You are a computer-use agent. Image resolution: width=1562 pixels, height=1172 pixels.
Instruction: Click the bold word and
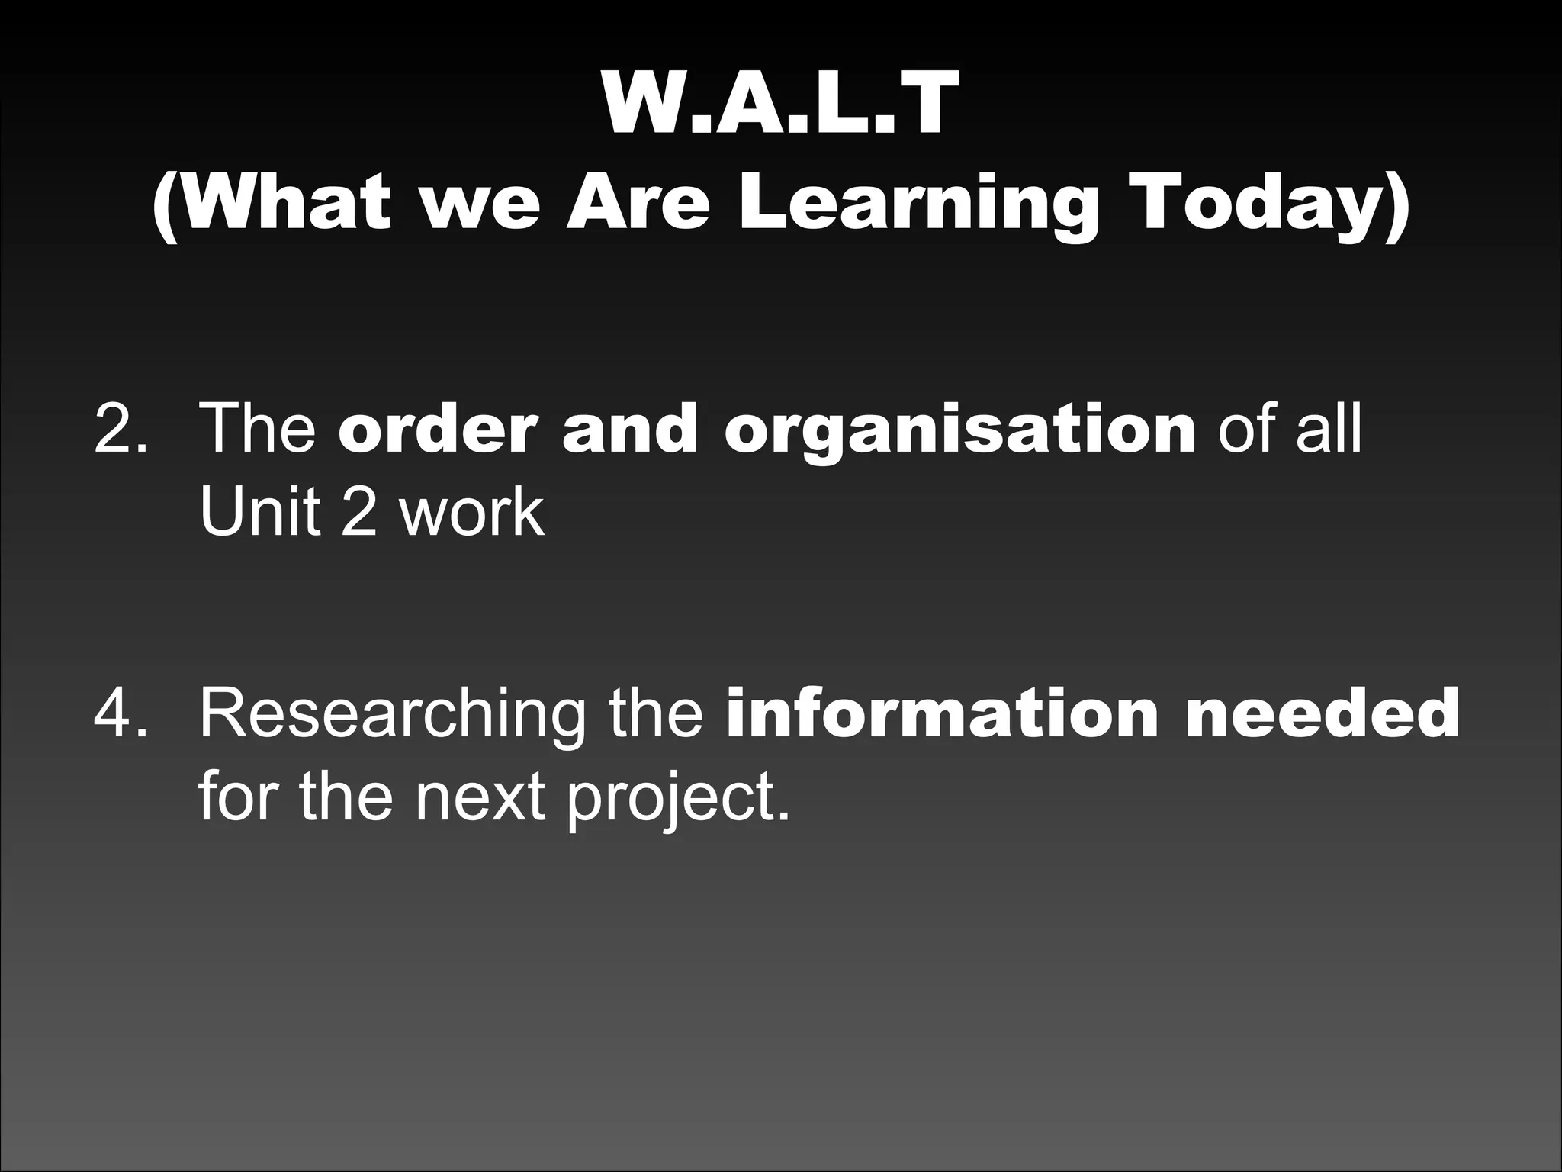tap(630, 429)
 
